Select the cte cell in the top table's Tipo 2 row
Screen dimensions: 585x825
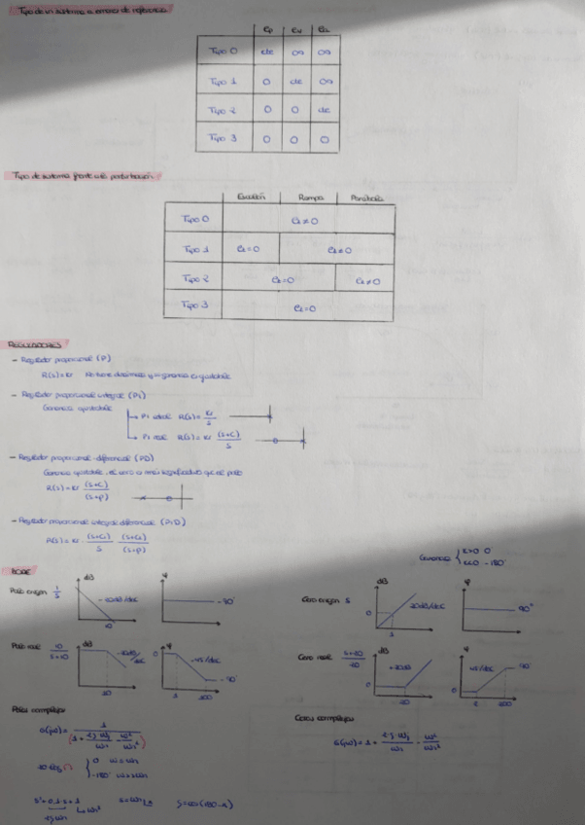pyautogui.click(x=325, y=109)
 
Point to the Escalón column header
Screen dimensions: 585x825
pyautogui.click(x=252, y=197)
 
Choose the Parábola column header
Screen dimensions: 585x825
pyautogui.click(x=367, y=197)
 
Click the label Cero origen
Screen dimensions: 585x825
pyautogui.click(x=326, y=599)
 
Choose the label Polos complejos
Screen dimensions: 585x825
pyautogui.click(x=34, y=708)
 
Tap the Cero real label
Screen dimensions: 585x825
pyautogui.click(x=315, y=658)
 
